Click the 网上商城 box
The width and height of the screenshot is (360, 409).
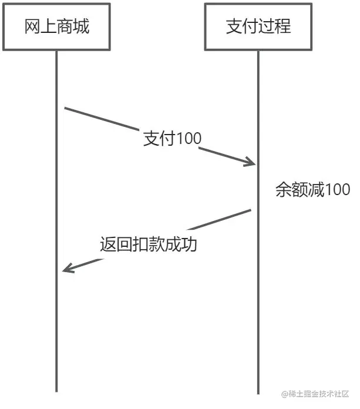[56, 26]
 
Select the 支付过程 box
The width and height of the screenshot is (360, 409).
[258, 26]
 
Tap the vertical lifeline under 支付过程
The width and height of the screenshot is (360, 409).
[258, 323]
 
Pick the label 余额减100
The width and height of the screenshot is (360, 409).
[312, 190]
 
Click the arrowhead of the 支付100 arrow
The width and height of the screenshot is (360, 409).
[251, 163]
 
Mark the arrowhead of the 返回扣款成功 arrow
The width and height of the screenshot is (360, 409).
[66, 270]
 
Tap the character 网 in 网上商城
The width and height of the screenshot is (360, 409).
[32, 26]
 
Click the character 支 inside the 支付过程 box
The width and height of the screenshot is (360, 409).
[234, 26]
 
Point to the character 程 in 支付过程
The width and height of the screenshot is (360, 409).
[282, 26]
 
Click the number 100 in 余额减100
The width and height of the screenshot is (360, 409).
[337, 190]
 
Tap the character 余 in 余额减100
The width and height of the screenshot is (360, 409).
[284, 190]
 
